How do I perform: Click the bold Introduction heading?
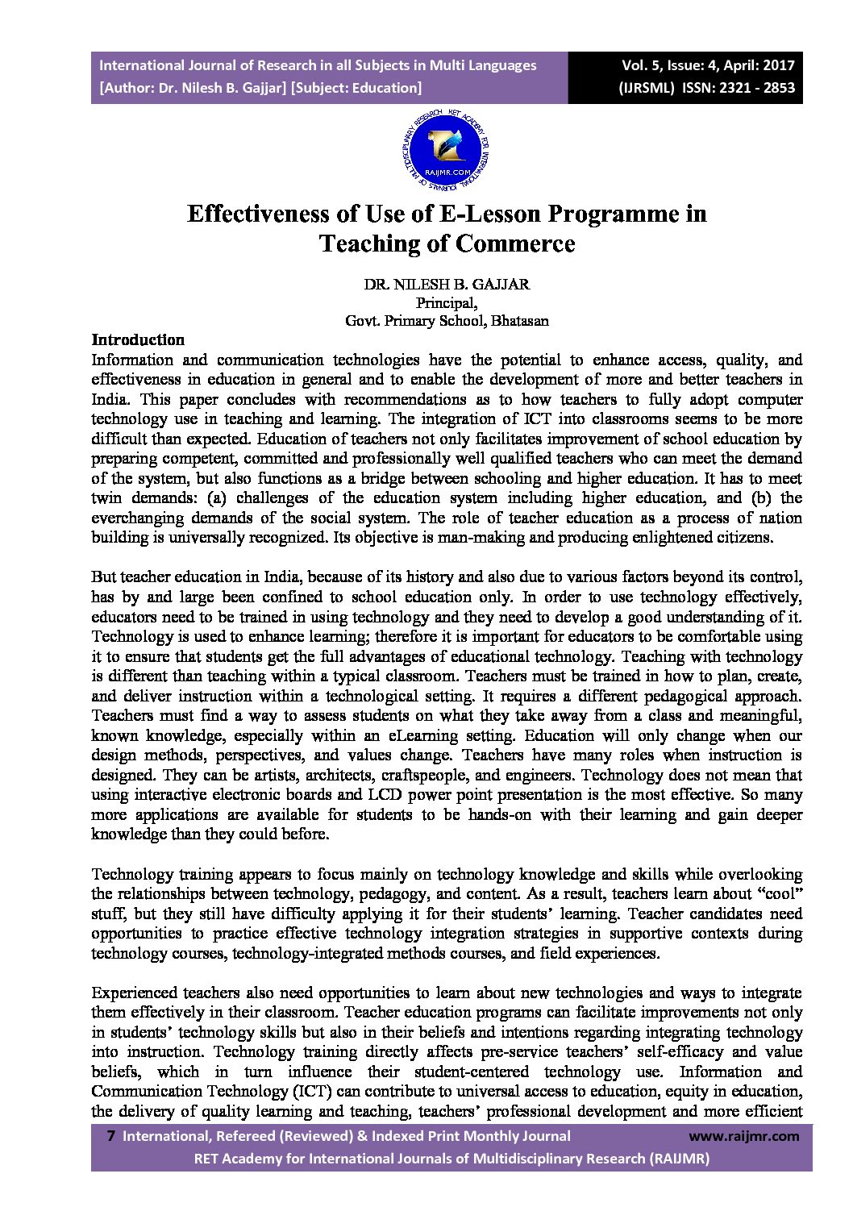pyautogui.click(x=138, y=340)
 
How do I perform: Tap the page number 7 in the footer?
pyautogui.click(x=110, y=1136)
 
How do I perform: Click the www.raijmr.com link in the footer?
pyautogui.click(x=744, y=1136)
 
